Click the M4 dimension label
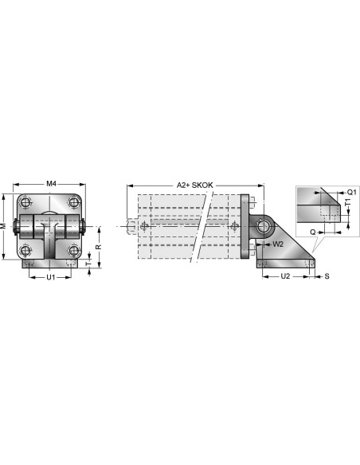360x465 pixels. click(x=51, y=184)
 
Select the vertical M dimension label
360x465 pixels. click(x=3, y=226)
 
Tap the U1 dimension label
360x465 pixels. click(x=51, y=277)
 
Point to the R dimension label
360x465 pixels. click(x=99, y=247)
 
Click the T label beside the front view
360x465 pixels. click(x=88, y=264)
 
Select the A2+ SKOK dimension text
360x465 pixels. click(x=195, y=185)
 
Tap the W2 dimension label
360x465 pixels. click(x=278, y=244)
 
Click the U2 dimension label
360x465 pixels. click(x=285, y=276)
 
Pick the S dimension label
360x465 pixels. click(x=327, y=276)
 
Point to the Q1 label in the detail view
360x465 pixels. click(x=351, y=192)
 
